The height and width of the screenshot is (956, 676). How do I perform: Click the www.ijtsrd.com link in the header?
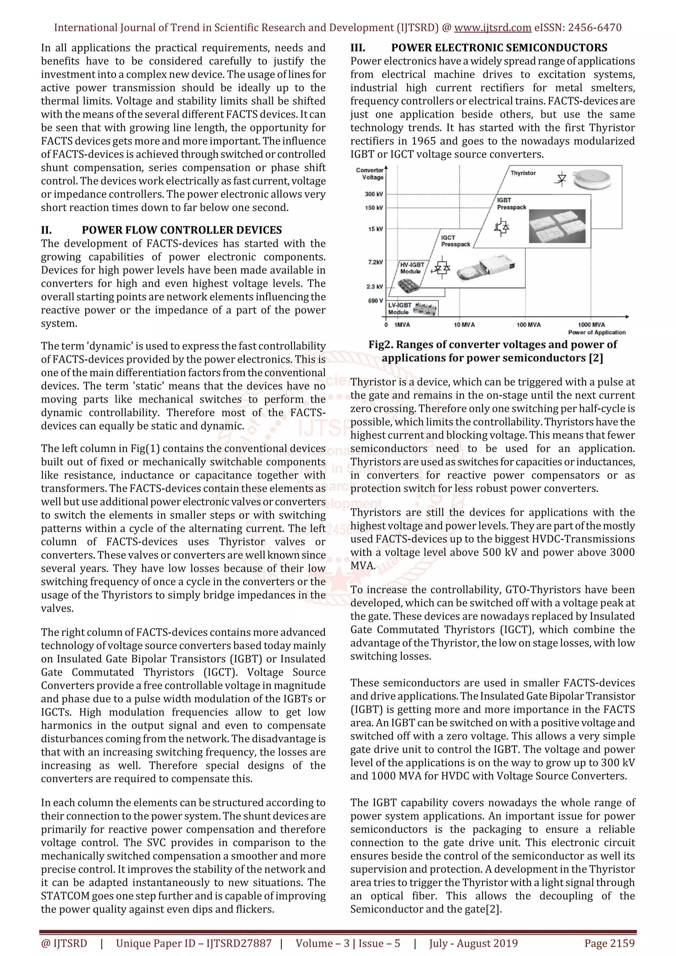pos(492,28)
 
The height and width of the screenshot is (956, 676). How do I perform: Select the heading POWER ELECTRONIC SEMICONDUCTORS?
pos(499,48)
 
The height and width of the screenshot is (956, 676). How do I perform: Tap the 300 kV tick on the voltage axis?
pos(374,194)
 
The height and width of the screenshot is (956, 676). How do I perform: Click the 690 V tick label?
pos(375,301)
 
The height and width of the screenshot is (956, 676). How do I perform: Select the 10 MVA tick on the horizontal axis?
pos(464,324)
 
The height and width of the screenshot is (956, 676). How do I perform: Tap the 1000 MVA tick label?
pos(591,324)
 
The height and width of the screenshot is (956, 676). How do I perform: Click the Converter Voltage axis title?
pos(370,174)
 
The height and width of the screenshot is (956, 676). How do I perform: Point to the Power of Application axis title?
pos(596,332)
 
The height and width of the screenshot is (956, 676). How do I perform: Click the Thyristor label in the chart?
pos(523,173)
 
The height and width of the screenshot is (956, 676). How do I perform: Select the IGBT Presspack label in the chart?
pos(511,204)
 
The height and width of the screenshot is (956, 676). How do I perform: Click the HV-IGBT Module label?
pos(412,268)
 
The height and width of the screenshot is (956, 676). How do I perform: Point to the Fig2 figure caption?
pos(492,351)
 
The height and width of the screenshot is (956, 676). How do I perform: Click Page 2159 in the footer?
pos(609,943)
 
